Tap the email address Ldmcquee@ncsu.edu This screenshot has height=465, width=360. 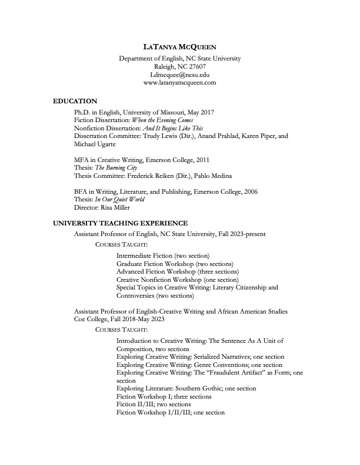(180, 75)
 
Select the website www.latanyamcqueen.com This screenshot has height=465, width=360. (180, 83)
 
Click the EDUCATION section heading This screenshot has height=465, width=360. (75, 102)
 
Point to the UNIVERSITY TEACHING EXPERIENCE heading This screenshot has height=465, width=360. (121, 224)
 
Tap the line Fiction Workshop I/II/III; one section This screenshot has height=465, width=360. (171, 413)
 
